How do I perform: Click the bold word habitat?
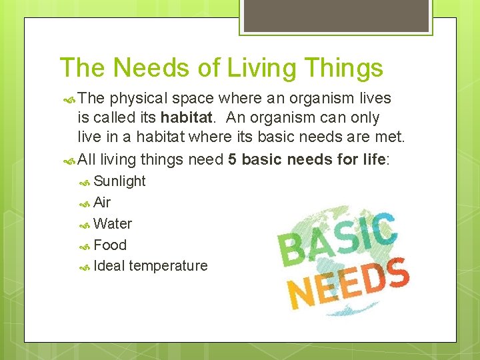click(187, 117)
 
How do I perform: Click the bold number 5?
click(233, 159)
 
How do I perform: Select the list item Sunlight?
click(119, 181)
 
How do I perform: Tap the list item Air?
click(102, 203)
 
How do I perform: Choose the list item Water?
click(113, 224)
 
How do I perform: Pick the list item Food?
click(110, 245)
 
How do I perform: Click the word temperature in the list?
click(169, 266)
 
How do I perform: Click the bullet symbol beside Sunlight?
click(85, 183)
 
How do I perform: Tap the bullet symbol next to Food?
click(85, 247)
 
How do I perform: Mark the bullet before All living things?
click(69, 161)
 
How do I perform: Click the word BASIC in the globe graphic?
click(337, 240)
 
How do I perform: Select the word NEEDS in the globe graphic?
click(348, 283)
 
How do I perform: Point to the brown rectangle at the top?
click(336, 16)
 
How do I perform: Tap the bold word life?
click(375, 159)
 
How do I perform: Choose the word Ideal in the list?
click(109, 266)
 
